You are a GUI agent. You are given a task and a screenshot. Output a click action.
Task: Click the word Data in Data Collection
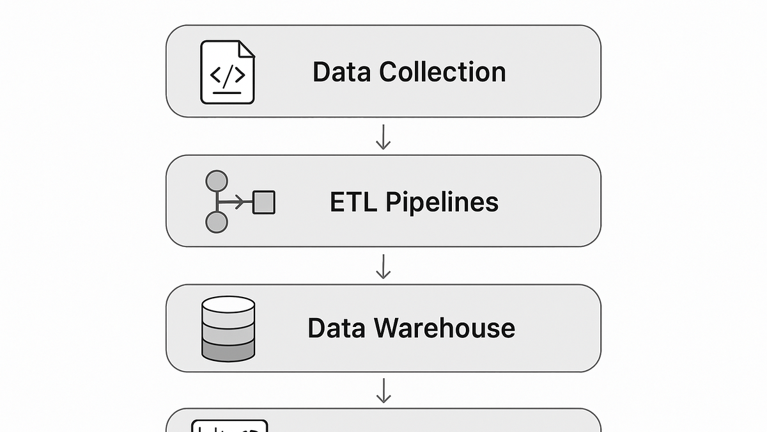point(341,72)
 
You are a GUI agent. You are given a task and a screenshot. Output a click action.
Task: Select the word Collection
point(442,71)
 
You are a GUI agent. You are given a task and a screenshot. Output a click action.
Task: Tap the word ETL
point(353,202)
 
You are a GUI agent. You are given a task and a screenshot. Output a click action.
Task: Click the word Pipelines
point(442,203)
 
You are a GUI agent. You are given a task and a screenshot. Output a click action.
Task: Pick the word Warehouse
point(444,328)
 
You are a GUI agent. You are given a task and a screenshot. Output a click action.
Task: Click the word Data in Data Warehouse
point(336,328)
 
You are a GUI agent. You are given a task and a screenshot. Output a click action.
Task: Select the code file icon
point(228,72)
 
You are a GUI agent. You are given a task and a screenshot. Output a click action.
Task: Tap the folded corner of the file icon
point(247,49)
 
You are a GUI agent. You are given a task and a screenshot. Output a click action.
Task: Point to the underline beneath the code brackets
point(227,93)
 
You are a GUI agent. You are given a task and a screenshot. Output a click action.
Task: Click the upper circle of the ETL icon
point(217,180)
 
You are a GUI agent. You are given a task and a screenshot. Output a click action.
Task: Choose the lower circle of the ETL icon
point(217,222)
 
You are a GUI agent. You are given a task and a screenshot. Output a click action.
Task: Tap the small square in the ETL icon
point(264,202)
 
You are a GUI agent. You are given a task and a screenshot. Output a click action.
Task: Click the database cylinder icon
point(228,329)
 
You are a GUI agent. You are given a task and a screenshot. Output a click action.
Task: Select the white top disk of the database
point(228,305)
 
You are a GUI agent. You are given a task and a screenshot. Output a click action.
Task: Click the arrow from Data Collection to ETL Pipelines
point(383,137)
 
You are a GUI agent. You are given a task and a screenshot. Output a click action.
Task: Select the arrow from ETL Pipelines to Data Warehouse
point(383,266)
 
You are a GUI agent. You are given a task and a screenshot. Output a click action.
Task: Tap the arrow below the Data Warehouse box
point(383,390)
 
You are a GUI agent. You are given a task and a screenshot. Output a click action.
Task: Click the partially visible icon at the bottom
point(229,426)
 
